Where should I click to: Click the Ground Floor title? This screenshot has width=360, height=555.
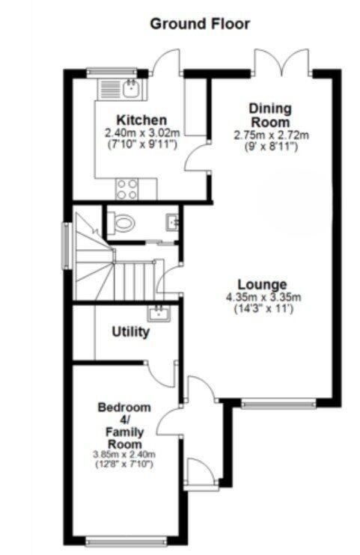pos(200,24)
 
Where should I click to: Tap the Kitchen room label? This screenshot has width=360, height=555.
pos(141,120)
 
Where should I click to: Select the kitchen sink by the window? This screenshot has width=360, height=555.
pos(132,89)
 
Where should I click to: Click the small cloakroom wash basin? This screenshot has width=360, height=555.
pos(172,221)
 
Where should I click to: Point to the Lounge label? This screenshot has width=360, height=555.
pos(263,284)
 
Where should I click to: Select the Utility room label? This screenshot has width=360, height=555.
pos(130,331)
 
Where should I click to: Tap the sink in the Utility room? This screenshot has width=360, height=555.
pos(159,312)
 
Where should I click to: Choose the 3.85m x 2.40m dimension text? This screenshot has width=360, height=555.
pos(124,454)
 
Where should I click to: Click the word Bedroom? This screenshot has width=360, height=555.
pos(124,408)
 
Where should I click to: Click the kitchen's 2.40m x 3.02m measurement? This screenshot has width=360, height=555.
pos(141,132)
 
